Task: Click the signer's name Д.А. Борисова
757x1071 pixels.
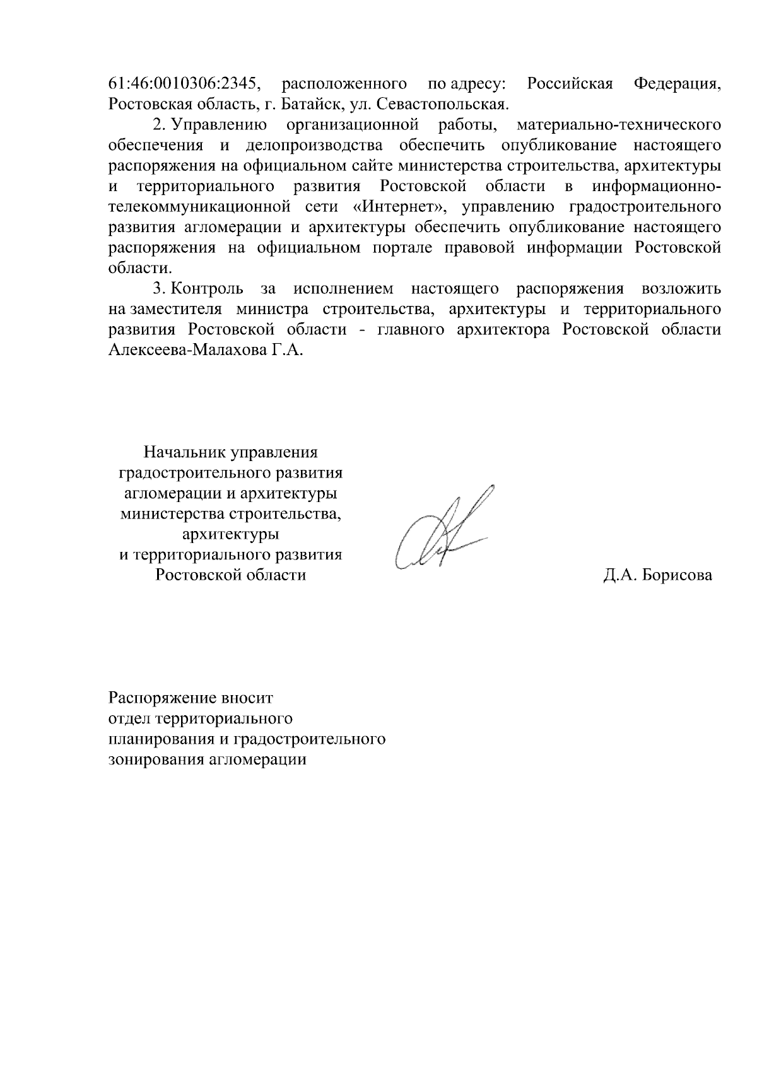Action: point(657,575)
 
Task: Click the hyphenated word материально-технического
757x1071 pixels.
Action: point(618,125)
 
